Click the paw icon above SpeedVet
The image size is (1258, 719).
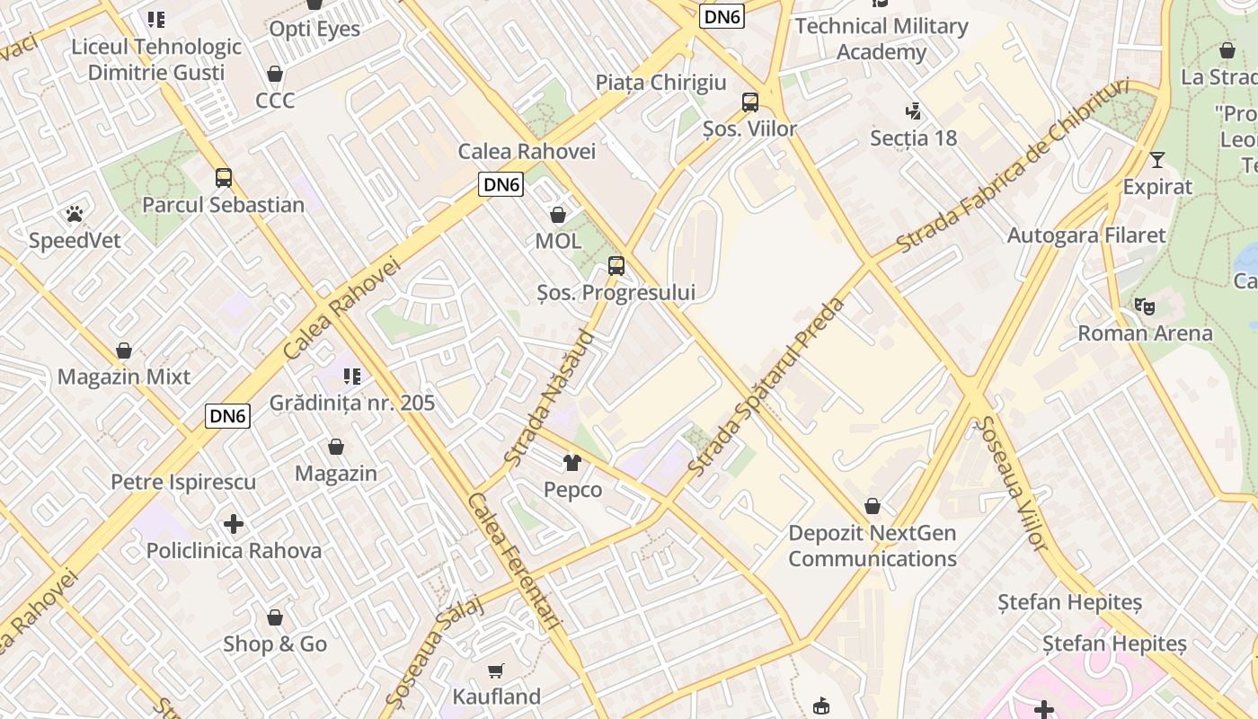coord(75,214)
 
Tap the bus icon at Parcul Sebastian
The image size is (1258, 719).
coord(224,178)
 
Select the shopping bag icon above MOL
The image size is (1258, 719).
coord(558,215)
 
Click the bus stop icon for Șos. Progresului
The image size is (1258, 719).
coord(616,266)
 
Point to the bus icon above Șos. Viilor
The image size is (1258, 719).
coord(750,102)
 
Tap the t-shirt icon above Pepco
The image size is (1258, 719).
coord(572,463)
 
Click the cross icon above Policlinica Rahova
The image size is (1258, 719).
coord(234,523)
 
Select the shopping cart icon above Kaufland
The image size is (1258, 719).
coord(496,670)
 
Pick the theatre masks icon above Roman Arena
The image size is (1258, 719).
coord(1145,306)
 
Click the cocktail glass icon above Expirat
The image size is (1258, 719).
coord(1157,160)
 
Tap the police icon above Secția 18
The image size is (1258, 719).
coord(914,111)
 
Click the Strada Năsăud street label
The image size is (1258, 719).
coord(550,398)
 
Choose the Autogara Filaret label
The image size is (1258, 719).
coord(1086,235)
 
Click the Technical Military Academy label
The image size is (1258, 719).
coord(881,40)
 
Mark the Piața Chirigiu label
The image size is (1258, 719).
coord(660,83)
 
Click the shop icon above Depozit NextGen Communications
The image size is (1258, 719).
coord(873,506)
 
